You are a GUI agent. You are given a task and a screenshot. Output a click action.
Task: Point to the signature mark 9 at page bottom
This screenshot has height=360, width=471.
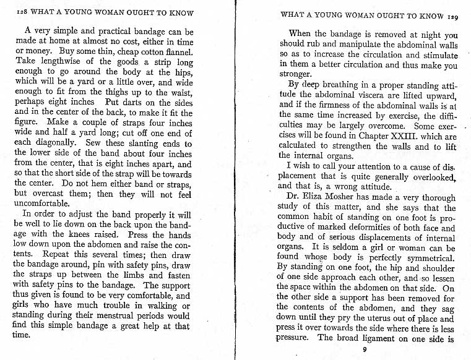365,349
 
